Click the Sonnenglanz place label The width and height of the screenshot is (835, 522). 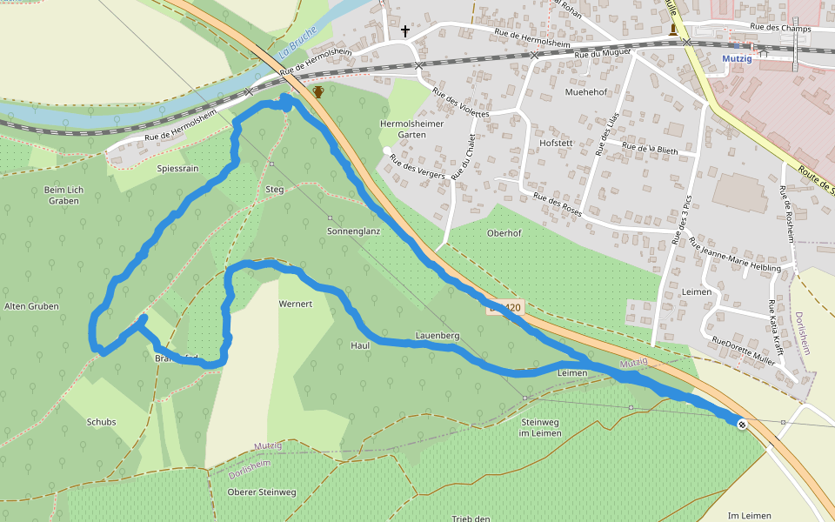[354, 231]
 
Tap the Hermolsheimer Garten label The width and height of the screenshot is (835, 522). [411, 130]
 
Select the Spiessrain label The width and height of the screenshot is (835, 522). [179, 168]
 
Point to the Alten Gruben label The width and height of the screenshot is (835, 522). [31, 306]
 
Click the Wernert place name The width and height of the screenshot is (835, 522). [295, 304]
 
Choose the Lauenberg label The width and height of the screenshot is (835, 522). [438, 335]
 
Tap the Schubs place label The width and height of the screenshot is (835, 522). [101, 422]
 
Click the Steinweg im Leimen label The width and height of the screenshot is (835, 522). [540, 427]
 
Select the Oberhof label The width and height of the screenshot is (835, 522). [504, 232]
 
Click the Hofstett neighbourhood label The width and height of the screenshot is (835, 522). [558, 142]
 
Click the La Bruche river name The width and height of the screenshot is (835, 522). [297, 43]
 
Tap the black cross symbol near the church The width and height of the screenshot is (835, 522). [404, 31]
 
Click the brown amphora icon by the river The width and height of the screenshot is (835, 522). [318, 91]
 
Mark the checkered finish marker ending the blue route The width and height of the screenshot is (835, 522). [741, 425]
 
